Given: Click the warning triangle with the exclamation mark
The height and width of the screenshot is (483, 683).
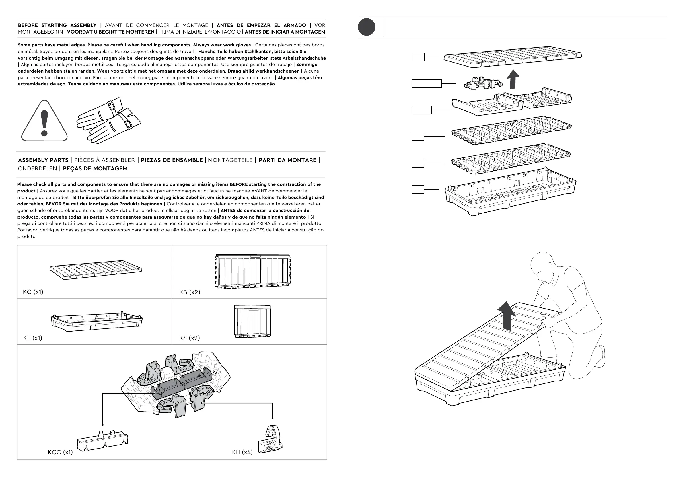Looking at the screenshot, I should [44, 122].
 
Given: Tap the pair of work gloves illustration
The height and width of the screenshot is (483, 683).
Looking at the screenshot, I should [109, 120].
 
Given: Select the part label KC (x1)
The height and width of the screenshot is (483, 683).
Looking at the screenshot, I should [33, 292].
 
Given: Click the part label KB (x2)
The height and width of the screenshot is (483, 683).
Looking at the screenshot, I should [190, 292].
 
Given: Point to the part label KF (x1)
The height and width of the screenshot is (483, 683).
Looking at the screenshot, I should [32, 338].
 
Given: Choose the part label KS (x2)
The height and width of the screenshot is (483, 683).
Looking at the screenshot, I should [190, 338].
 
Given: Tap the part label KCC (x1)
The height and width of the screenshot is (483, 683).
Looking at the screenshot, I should [60, 452].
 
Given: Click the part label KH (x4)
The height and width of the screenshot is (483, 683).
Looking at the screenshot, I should [242, 452].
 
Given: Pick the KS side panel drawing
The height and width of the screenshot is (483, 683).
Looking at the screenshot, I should [252, 321].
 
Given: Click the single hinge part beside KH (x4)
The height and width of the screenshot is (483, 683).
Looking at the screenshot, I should [271, 439].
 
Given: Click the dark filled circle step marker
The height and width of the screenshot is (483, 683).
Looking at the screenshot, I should [366, 27].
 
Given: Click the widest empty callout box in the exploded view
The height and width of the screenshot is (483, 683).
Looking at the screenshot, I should [427, 83].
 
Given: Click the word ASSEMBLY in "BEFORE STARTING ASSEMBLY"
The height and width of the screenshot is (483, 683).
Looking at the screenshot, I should [83, 25].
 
